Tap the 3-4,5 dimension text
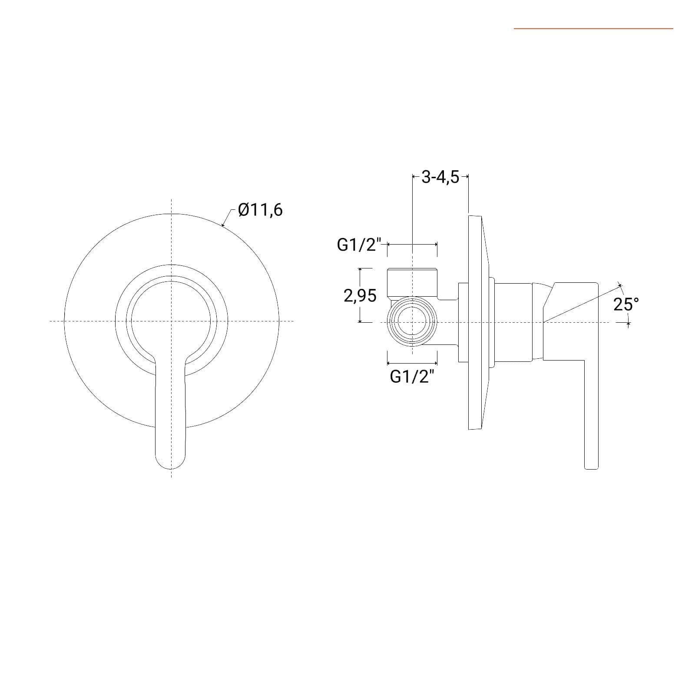pyautogui.click(x=440, y=177)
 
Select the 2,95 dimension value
pyautogui.click(x=360, y=296)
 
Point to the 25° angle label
pyautogui.click(x=626, y=304)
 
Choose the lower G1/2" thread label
pyautogui.click(x=412, y=377)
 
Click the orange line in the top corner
pyautogui.click(x=593, y=29)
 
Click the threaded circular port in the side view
pyautogui.click(x=412, y=322)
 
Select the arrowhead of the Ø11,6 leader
pyautogui.click(x=223, y=225)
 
